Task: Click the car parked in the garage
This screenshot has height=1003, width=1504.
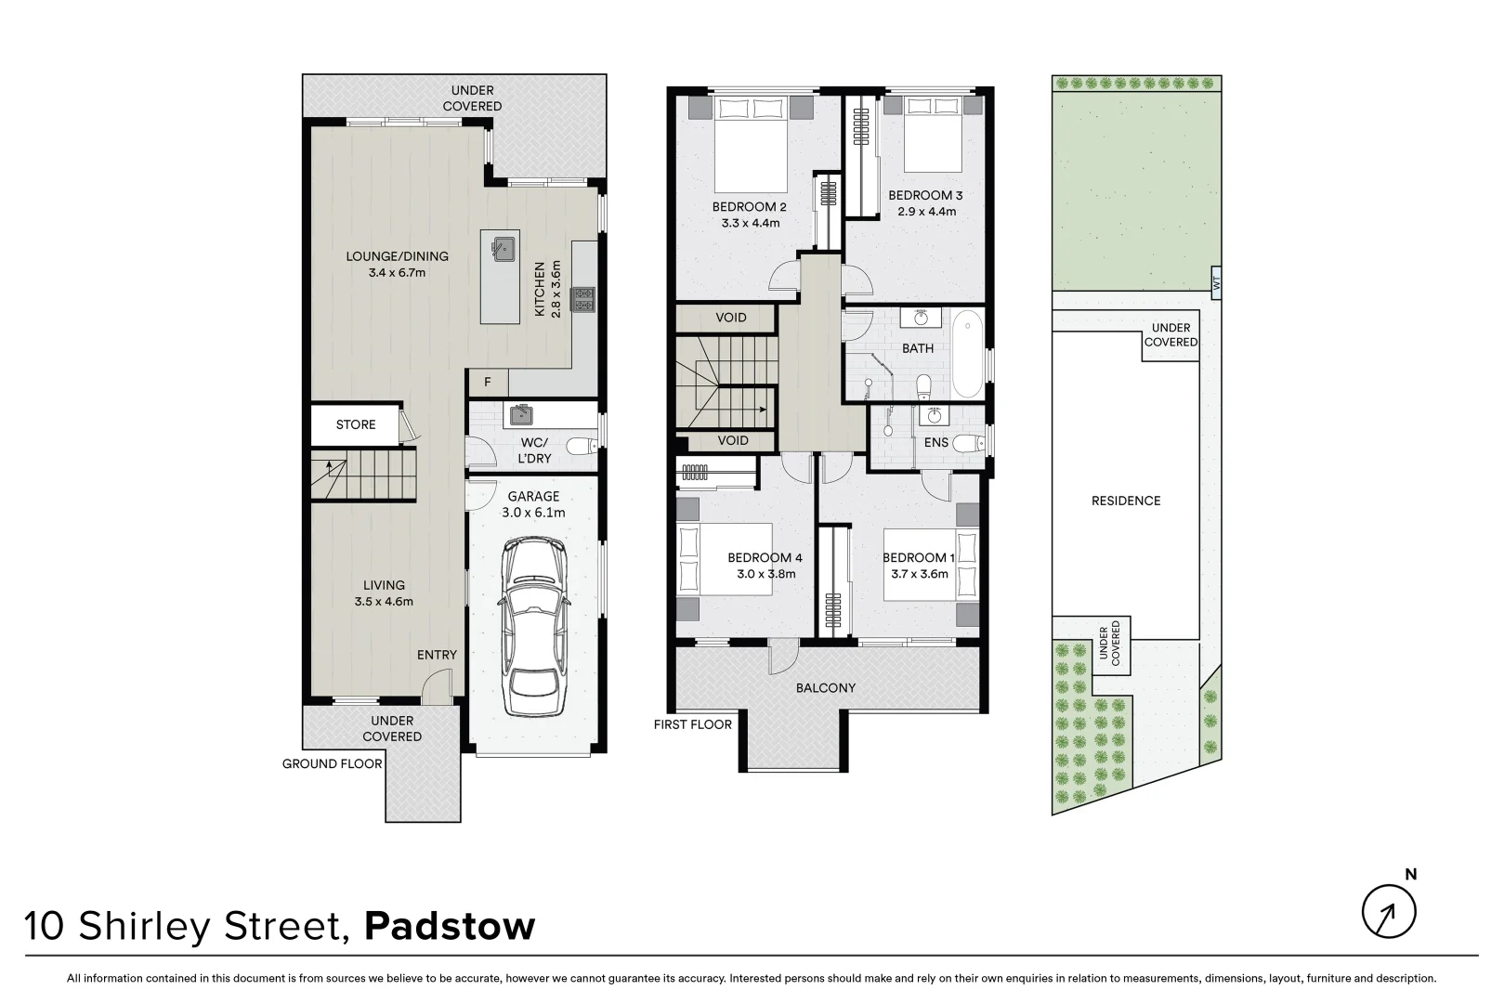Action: (533, 629)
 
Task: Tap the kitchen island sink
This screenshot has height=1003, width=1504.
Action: (503, 248)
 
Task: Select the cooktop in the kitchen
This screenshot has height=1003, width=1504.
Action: (584, 299)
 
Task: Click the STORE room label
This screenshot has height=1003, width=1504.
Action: (356, 424)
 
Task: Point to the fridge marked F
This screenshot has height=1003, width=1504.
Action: (487, 383)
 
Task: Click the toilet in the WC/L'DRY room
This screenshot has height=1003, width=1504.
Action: (582, 447)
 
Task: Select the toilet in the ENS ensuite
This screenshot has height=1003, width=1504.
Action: (969, 442)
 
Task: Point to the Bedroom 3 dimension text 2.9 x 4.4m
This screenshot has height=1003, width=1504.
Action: (926, 212)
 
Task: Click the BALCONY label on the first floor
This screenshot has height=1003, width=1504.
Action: (825, 688)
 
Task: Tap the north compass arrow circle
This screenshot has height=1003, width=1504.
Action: (1389, 911)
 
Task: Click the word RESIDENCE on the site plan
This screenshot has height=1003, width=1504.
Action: (1125, 501)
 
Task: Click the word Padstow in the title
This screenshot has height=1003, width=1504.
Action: (450, 927)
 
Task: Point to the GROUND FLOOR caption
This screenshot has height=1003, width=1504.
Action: (333, 764)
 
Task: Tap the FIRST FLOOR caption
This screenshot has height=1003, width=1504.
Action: (692, 724)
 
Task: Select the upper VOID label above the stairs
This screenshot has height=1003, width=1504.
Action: (730, 318)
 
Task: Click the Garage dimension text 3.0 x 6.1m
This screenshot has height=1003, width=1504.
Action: (533, 513)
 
